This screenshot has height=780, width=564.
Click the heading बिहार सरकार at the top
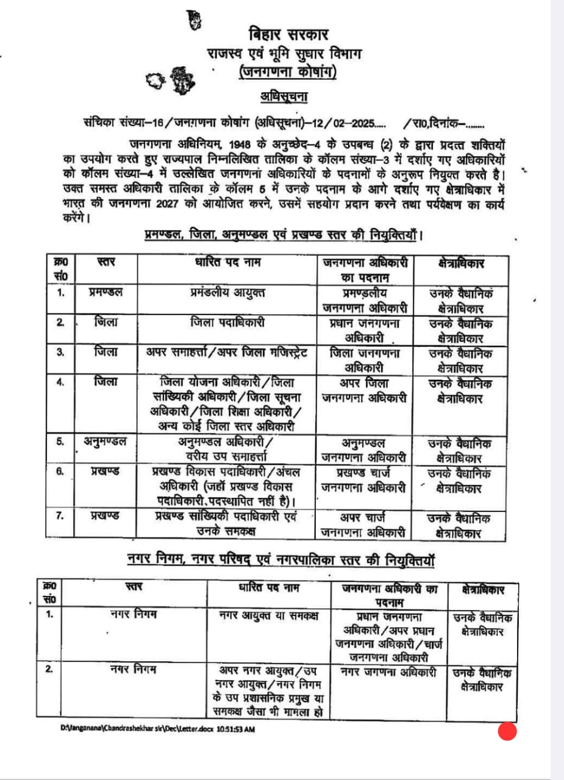pyautogui.click(x=286, y=35)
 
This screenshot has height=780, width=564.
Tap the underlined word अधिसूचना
pyautogui.click(x=282, y=96)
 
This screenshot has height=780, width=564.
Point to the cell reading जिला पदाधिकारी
pyautogui.click(x=227, y=322)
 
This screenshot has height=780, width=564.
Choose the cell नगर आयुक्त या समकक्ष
pyautogui.click(x=269, y=614)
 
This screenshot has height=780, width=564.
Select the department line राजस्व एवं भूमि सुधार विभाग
pyautogui.click(x=287, y=54)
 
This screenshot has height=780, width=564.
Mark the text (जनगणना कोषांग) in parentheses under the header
pyautogui.click(x=287, y=73)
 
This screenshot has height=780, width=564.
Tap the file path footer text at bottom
pyautogui.click(x=157, y=728)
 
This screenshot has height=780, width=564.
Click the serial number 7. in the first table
pyautogui.click(x=60, y=517)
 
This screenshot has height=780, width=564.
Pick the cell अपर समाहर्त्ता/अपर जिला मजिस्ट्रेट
pyautogui.click(x=227, y=352)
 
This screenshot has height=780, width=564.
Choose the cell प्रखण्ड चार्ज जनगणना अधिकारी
pyautogui.click(x=364, y=479)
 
